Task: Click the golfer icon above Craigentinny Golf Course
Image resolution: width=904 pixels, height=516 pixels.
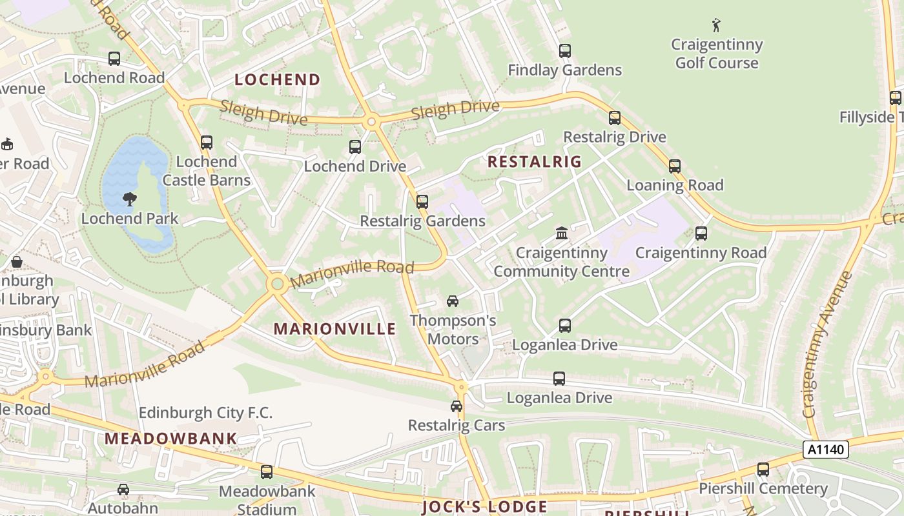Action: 715,26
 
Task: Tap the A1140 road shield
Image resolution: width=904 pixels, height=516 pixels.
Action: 825,450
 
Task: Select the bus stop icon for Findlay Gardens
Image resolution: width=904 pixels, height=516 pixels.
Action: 565,51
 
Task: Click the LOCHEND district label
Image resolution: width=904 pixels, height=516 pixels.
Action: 277,80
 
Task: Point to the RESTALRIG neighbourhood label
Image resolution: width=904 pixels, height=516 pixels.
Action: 534,162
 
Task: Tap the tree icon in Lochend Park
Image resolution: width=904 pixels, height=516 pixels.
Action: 130,199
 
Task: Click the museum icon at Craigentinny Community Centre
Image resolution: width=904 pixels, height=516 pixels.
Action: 562,233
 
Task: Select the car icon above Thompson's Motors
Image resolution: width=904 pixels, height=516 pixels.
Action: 453,301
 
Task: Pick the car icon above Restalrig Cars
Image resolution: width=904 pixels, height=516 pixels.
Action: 457,406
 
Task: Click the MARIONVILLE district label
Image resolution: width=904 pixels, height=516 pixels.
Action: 334,329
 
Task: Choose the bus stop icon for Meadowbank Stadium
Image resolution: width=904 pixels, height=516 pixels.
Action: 267,472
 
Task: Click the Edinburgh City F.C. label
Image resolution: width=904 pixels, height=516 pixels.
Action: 205,413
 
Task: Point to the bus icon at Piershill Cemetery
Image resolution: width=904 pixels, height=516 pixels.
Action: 763,470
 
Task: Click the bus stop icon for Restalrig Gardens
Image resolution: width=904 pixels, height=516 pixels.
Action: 422,202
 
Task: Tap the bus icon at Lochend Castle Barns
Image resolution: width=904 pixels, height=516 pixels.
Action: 207,143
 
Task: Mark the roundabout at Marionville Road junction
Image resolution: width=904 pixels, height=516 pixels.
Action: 278,284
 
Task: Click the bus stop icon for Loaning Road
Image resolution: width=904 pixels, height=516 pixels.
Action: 675,166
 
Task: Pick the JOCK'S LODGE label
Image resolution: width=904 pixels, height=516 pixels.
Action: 484,507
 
